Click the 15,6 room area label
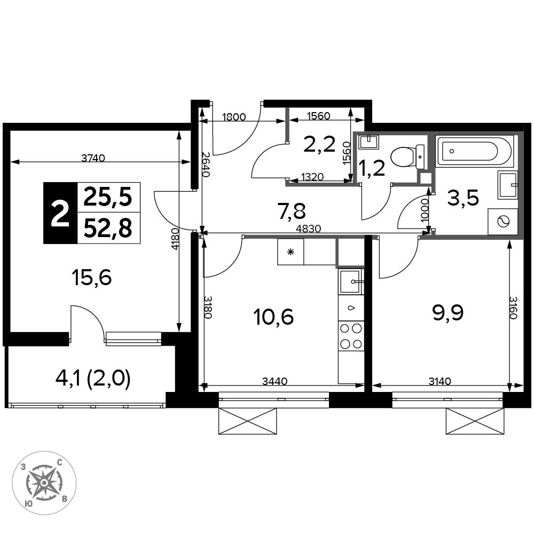click(92, 278)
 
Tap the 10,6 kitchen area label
click(273, 317)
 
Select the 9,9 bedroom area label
click(448, 313)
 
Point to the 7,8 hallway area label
click(292, 210)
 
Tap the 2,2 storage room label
click(319, 144)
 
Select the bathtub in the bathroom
click(474, 151)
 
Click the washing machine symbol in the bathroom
click(502, 222)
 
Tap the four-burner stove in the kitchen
click(351, 336)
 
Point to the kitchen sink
click(351, 281)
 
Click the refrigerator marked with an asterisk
click(290, 252)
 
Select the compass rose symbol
click(44, 483)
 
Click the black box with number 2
click(60, 213)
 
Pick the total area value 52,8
click(108, 228)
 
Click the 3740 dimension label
click(93, 158)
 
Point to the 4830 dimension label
click(309, 229)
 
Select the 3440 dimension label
click(275, 381)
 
